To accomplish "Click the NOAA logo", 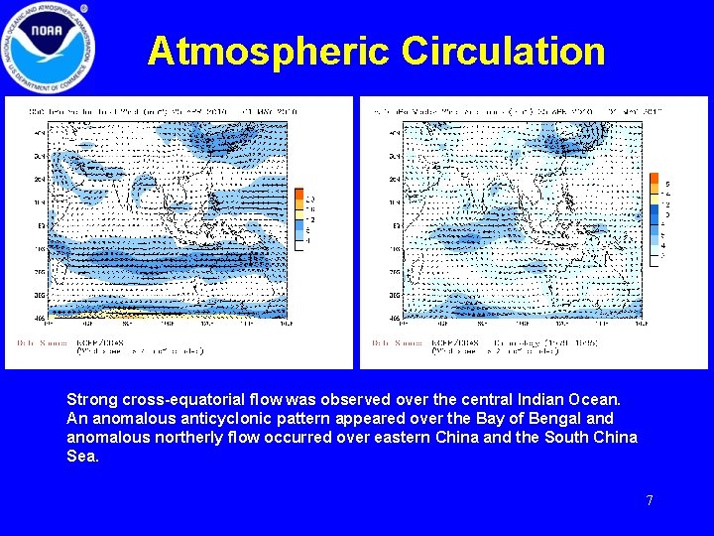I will tap(48, 48).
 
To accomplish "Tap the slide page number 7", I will tap(650, 500).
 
